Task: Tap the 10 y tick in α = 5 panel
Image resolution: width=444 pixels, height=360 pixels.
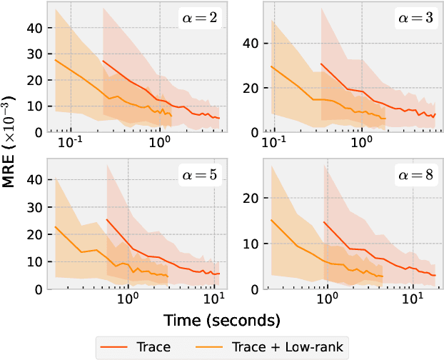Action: click(34, 261)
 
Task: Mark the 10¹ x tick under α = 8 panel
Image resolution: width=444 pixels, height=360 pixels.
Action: click(412, 300)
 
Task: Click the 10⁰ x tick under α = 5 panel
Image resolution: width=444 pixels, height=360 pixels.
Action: click(128, 300)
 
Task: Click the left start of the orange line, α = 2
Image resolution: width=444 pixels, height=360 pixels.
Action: click(55, 60)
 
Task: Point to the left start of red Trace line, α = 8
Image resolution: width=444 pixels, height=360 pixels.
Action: click(324, 222)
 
